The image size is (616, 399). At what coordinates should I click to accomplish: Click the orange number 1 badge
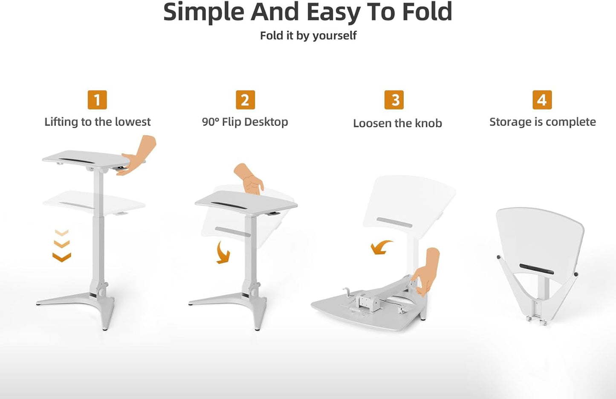97,100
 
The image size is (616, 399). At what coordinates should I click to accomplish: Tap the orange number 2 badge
245,100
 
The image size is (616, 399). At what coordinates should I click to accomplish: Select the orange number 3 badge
394,100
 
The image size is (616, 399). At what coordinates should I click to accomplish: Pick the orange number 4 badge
542,100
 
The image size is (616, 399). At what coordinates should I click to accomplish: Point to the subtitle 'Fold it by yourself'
308,35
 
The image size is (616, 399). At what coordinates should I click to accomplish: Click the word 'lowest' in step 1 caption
133,122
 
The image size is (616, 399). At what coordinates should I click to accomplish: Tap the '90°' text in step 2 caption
210,122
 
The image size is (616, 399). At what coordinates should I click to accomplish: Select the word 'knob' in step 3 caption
428,123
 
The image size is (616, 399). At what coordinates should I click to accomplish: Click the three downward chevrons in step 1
62,245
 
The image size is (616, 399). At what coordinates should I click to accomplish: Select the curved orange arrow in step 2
223,253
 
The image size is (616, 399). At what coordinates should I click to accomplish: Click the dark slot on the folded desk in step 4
536,269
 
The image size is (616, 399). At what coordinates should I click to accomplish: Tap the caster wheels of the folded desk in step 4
536,320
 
